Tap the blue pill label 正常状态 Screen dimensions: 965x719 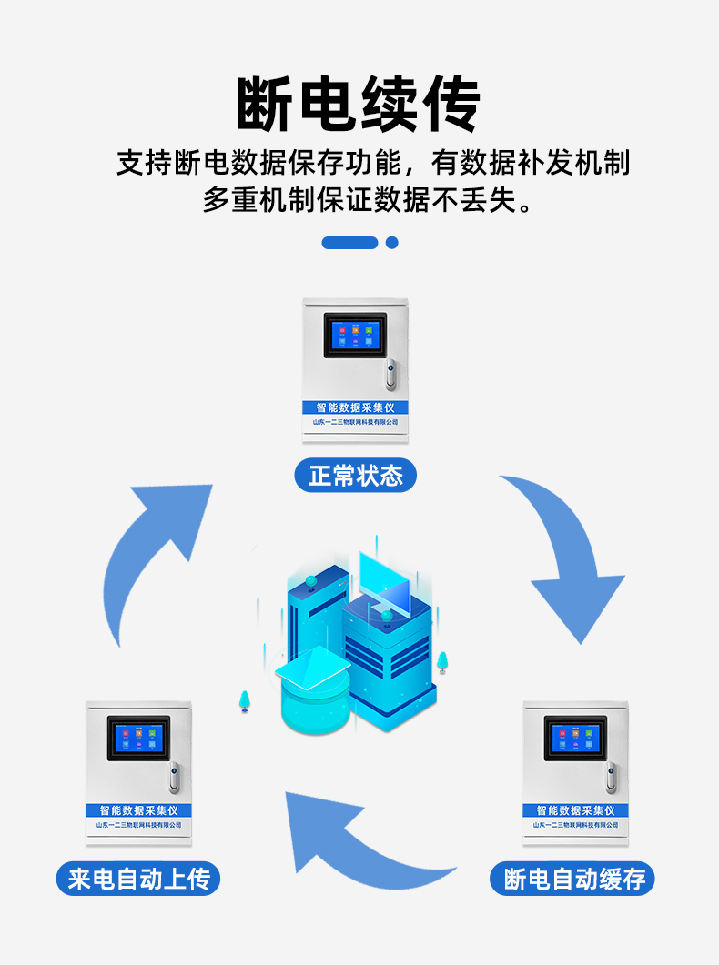point(355,476)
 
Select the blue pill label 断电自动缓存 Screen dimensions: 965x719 point(573,880)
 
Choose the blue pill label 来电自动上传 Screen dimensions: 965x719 point(138,880)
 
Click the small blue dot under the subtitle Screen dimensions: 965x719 point(392,243)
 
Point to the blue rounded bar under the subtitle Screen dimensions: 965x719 point(349,243)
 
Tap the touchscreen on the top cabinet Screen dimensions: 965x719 point(355,336)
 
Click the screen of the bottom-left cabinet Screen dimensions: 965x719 point(138,738)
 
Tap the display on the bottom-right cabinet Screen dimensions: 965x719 point(575,738)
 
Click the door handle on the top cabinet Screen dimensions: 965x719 point(391,373)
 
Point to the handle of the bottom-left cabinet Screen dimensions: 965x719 point(174,776)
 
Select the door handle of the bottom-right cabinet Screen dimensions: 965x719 point(612,776)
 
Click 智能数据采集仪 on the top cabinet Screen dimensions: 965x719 point(355,407)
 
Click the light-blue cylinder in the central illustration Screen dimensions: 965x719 point(314,700)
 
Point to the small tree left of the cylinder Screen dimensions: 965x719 point(244,700)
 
